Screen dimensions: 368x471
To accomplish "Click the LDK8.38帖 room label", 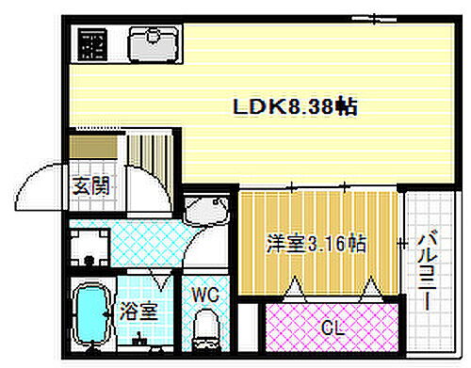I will pyautogui.click(x=294, y=107).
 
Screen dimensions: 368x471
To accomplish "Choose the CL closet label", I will pyautogui.click(x=331, y=328).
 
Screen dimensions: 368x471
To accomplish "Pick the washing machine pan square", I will pyautogui.click(x=91, y=249).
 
